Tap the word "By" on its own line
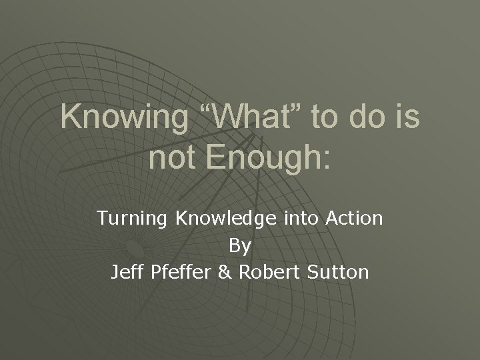click(x=240, y=246)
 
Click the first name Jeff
click(x=127, y=272)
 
